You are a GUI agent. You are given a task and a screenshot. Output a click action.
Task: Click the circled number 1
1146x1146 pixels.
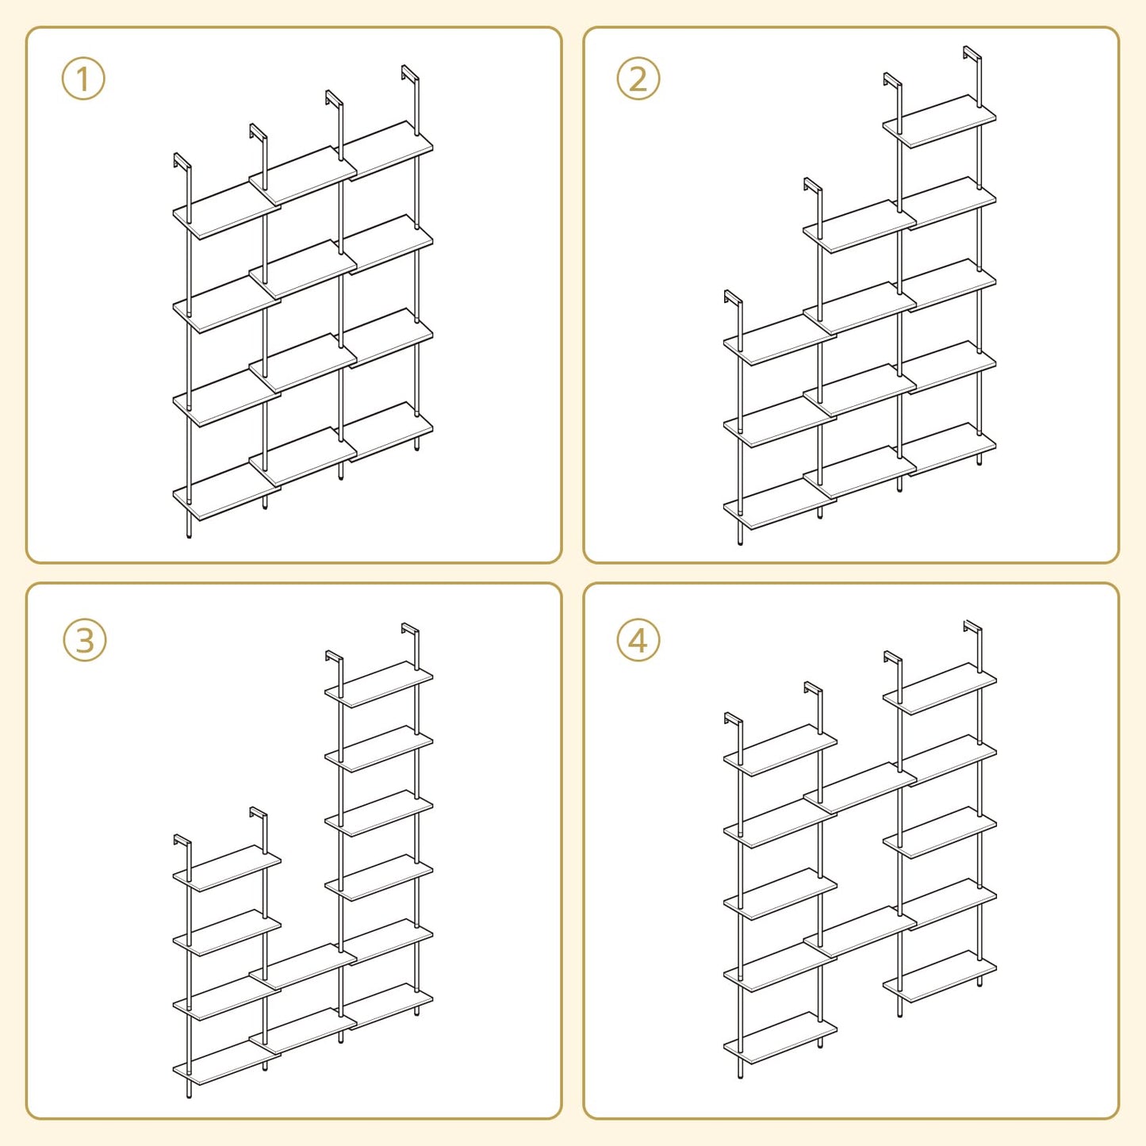click(x=83, y=79)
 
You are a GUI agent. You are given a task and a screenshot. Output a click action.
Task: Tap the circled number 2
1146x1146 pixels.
click(x=638, y=79)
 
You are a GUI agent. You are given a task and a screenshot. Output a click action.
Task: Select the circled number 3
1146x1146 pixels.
click(x=84, y=640)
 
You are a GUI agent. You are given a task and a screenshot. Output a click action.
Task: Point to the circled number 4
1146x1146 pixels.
click(x=638, y=640)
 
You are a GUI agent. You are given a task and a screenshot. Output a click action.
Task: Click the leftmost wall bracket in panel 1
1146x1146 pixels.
click(x=182, y=162)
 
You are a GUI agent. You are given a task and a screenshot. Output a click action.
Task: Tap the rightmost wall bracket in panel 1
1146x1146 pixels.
click(x=410, y=75)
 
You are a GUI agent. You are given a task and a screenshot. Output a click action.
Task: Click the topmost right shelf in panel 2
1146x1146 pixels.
click(x=940, y=121)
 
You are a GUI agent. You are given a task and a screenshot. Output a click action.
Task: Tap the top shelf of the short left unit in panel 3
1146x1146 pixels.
click(x=227, y=868)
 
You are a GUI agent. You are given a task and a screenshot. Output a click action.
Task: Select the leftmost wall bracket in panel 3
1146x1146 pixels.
click(x=182, y=841)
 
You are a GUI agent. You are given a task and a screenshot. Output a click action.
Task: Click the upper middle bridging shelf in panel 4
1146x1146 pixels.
click(x=860, y=788)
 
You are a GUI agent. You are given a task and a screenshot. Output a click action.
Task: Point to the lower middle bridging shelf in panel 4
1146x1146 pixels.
click(x=860, y=932)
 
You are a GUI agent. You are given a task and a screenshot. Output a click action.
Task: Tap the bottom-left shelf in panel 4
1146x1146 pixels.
click(x=780, y=1038)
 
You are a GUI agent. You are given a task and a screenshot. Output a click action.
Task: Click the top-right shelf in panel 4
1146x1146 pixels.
click(x=940, y=688)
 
